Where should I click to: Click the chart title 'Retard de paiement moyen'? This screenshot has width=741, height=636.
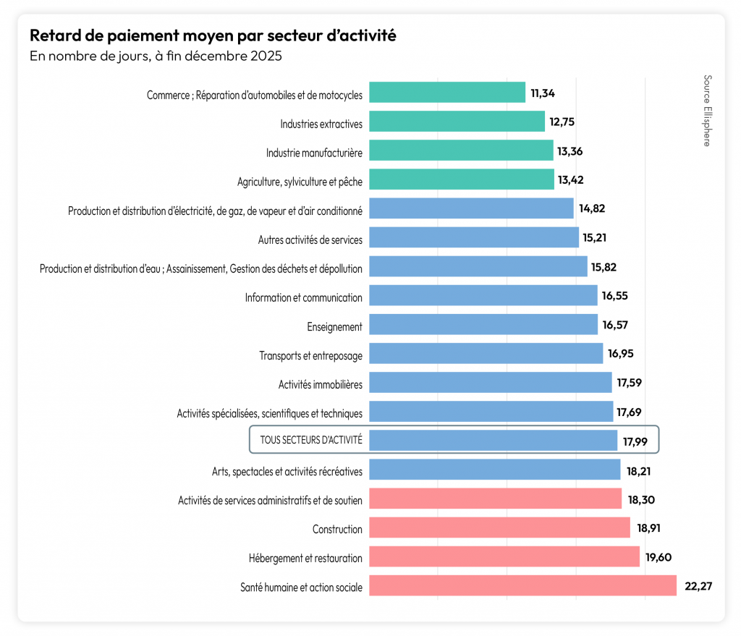(x=212, y=35)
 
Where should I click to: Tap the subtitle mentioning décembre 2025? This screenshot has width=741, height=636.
(x=155, y=56)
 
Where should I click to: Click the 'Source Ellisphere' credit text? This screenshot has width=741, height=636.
(x=706, y=110)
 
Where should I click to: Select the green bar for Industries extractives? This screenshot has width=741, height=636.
(x=457, y=122)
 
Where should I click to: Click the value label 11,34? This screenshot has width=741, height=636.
(x=543, y=93)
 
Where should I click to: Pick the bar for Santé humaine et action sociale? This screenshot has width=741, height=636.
(x=522, y=585)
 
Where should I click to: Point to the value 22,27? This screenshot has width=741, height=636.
(x=698, y=586)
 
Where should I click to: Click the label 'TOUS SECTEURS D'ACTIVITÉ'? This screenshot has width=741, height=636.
(x=311, y=440)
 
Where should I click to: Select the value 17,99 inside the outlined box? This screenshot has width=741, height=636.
(x=635, y=441)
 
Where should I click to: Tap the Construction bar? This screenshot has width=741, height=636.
(x=499, y=527)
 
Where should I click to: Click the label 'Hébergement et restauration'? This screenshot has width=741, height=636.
(x=305, y=558)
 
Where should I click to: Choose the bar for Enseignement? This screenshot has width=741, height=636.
(x=483, y=324)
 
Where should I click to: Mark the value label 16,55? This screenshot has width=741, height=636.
(x=614, y=296)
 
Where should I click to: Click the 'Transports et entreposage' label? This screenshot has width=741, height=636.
(x=310, y=355)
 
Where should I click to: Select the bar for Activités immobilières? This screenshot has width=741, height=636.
(x=490, y=382)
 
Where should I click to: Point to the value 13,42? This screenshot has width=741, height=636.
(x=571, y=180)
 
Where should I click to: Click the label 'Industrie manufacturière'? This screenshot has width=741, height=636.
(x=314, y=153)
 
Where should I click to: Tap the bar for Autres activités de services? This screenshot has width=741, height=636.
(x=474, y=237)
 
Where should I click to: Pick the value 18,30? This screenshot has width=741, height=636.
(x=640, y=499)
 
